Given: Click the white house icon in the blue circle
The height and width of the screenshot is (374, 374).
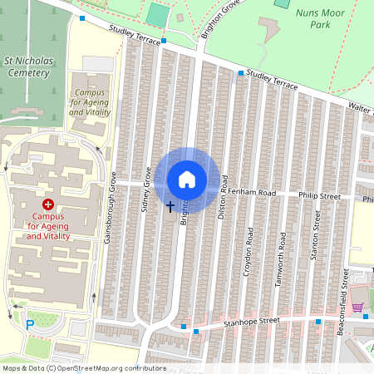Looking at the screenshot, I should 187,179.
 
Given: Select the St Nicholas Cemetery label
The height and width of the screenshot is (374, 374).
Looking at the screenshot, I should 28,66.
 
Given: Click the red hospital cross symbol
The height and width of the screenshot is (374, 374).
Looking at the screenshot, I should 47,204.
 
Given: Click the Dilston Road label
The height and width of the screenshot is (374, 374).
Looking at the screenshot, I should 223,201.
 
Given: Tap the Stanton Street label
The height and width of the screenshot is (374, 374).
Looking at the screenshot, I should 316,235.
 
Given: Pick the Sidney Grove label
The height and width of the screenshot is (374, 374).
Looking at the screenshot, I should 145,190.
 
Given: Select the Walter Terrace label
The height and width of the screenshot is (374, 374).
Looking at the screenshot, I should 361,109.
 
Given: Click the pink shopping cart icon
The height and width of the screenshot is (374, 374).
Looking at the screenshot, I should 357,308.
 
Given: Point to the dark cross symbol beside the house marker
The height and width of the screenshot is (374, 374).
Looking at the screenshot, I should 170,205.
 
